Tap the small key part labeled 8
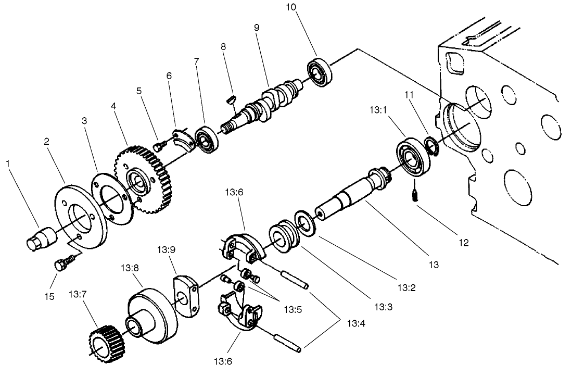tap(233, 99)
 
